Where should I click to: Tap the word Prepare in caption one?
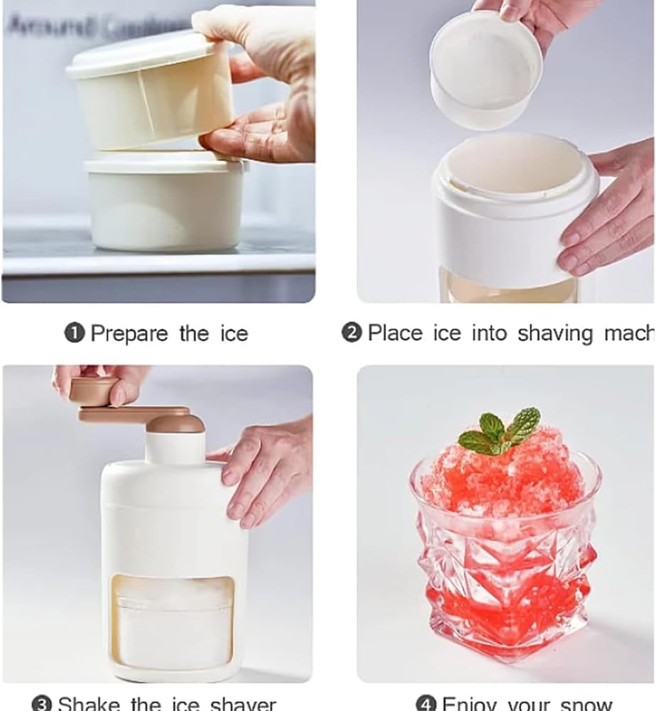click(129, 335)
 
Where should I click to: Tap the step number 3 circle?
click(43, 703)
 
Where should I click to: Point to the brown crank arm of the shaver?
click(135, 413)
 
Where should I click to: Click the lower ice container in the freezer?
click(164, 202)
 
